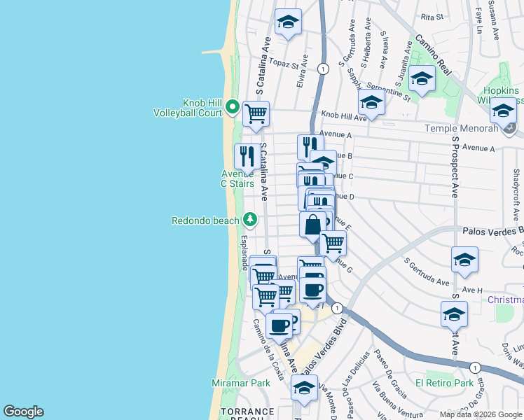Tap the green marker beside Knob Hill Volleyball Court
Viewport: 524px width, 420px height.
233,108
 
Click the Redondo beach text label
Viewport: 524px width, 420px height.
205,220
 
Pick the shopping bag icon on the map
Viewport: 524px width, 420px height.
312,225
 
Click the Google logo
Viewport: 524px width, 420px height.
23,412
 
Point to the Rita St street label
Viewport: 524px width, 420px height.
427,15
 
